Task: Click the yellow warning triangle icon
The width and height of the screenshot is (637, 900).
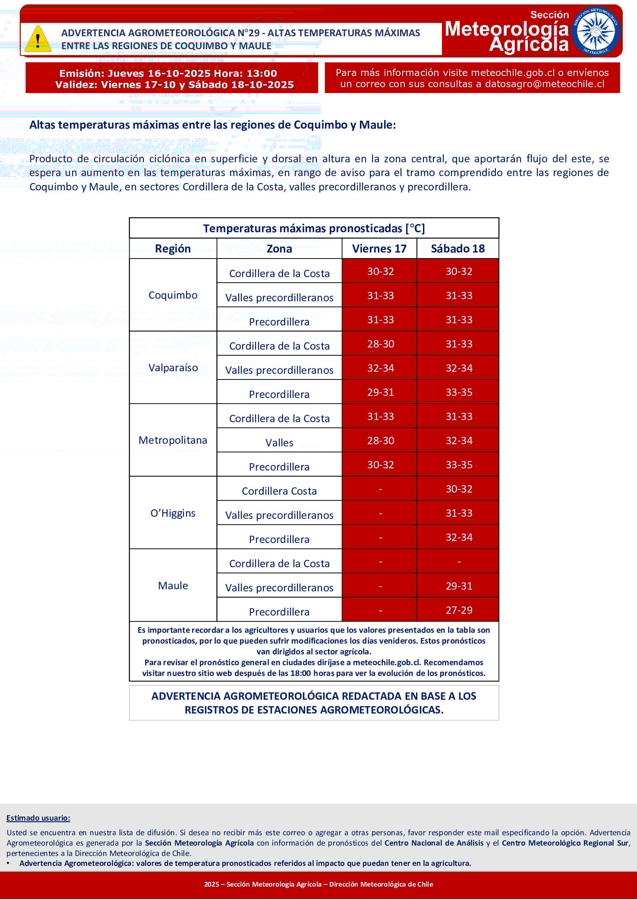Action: click(x=38, y=40)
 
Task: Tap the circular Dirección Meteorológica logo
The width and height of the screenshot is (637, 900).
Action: click(x=596, y=31)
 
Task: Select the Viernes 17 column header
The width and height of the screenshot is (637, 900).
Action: click(x=379, y=249)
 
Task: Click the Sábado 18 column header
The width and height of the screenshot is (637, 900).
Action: click(x=457, y=249)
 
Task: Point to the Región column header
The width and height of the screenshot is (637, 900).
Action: click(x=173, y=249)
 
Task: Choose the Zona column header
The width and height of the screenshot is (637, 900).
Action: click(x=279, y=249)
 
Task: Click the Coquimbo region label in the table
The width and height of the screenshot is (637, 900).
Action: click(x=173, y=295)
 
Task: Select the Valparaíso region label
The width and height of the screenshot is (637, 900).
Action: click(x=173, y=368)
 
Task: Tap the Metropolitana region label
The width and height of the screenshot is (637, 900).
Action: click(x=173, y=440)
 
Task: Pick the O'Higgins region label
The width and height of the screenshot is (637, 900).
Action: click(x=173, y=513)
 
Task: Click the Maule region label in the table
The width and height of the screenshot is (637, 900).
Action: click(x=173, y=586)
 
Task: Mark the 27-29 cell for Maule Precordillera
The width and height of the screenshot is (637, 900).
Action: click(x=459, y=610)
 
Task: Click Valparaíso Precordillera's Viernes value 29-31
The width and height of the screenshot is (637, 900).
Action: click(x=380, y=392)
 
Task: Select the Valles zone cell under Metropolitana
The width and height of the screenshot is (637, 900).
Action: click(x=279, y=442)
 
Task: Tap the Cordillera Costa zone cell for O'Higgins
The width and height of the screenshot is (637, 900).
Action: click(x=279, y=491)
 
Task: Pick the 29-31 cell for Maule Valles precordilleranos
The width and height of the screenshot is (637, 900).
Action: click(x=459, y=586)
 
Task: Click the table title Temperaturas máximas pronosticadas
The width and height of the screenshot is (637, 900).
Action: click(x=314, y=228)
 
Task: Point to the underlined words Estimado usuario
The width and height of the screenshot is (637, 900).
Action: click(x=38, y=818)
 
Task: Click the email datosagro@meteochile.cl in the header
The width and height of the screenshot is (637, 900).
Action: click(x=545, y=84)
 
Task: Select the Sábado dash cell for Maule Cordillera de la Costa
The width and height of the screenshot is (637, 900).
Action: click(x=459, y=562)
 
